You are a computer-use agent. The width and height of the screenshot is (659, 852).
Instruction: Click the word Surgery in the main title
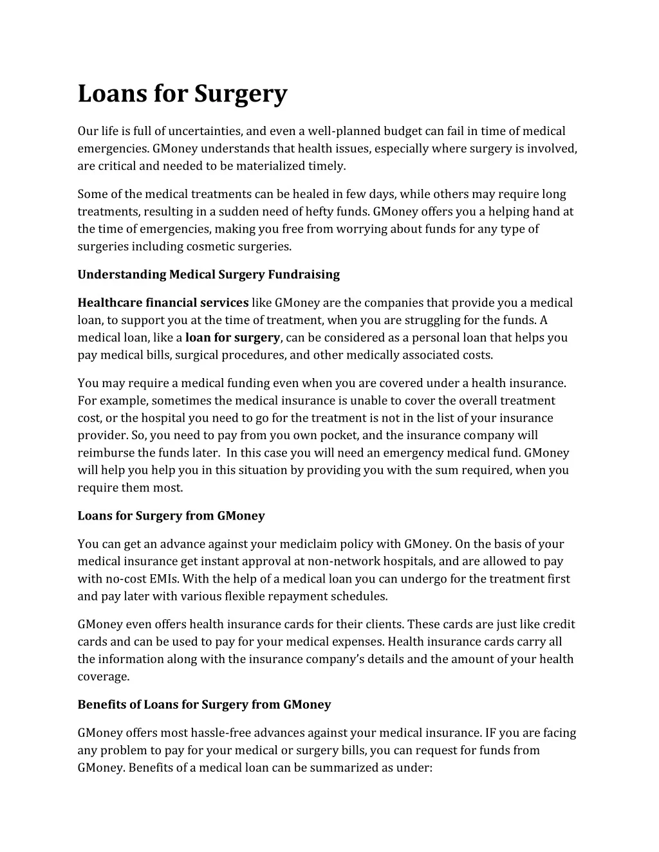(241, 94)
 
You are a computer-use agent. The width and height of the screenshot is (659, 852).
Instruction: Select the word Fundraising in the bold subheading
(304, 275)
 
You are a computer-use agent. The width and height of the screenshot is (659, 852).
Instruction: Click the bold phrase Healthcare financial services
(163, 303)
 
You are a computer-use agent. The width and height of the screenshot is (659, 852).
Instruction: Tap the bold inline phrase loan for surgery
(232, 338)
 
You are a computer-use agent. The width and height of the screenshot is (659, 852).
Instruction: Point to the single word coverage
(103, 676)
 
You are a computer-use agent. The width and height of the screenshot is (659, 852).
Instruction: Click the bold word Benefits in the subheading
(102, 705)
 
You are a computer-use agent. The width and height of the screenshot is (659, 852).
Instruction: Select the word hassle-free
(221, 733)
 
